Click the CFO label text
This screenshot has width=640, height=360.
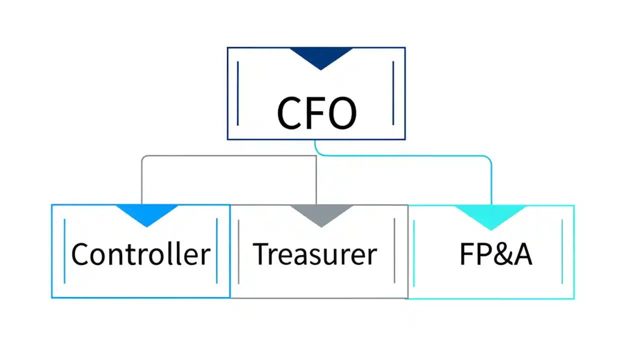click(x=316, y=113)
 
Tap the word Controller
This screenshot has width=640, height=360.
click(x=140, y=254)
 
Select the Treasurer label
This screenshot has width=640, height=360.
click(x=314, y=254)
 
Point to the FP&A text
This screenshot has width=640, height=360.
click(x=495, y=254)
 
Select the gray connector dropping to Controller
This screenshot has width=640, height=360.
click(x=142, y=180)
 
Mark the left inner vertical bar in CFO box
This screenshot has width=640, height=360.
click(x=237, y=93)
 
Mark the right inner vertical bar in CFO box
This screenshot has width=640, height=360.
click(x=393, y=93)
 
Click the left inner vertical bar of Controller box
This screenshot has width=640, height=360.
click(x=65, y=250)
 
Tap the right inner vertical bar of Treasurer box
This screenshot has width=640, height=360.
click(x=394, y=250)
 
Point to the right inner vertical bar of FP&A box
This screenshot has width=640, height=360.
click(x=562, y=250)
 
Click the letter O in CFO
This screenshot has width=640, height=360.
click(x=341, y=113)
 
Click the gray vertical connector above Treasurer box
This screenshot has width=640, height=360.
click(x=316, y=180)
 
